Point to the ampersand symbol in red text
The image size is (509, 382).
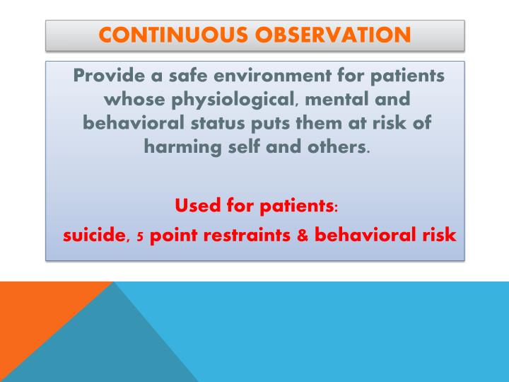pos(302,236)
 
